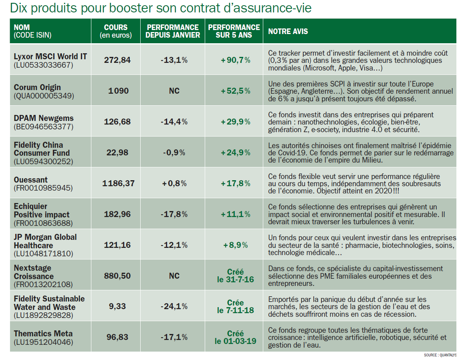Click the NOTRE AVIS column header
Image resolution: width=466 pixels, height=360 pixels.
288,31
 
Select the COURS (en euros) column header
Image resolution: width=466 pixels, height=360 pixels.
115,31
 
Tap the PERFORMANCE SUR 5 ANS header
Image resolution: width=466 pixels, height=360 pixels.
234,31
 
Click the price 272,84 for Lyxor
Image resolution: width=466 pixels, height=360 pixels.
117,60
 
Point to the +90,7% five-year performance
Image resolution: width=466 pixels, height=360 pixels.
235,60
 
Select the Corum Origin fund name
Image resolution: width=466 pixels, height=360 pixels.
37,87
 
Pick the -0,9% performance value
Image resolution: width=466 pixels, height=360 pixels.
174,153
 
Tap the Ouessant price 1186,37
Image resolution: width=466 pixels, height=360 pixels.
118,183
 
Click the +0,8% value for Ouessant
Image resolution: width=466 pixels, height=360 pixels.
174,183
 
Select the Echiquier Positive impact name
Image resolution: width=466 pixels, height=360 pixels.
41,211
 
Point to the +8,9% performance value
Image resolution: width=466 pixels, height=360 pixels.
235,245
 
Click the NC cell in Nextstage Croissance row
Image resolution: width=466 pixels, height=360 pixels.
174,276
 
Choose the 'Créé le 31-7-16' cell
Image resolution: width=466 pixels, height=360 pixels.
235,276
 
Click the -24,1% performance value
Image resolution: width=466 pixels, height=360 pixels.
174,306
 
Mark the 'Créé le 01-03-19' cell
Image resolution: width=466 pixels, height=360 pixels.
235,337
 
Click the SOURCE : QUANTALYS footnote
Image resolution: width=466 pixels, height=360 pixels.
440,355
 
